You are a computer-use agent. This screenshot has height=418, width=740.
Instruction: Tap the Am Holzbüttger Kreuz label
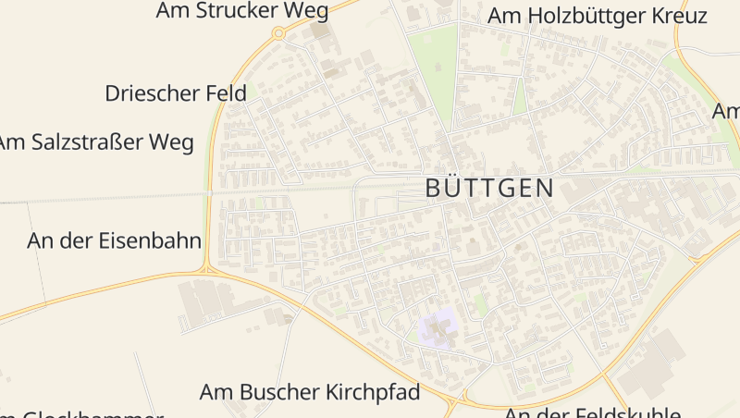[598, 16]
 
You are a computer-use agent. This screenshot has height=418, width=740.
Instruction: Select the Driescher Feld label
[176, 93]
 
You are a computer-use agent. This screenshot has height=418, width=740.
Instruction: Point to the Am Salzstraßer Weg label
[96, 142]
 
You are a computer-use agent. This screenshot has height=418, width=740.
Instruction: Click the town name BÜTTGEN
[489, 189]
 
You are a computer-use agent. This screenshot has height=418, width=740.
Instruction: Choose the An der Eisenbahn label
[115, 241]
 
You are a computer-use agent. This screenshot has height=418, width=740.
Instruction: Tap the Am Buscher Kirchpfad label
[310, 392]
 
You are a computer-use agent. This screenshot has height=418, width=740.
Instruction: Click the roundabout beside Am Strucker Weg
[277, 33]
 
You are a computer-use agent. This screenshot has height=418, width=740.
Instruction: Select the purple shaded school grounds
[438, 328]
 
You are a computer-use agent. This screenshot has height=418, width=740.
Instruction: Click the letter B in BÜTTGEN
[434, 189]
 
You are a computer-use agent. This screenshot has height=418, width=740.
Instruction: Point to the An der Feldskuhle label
[592, 412]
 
